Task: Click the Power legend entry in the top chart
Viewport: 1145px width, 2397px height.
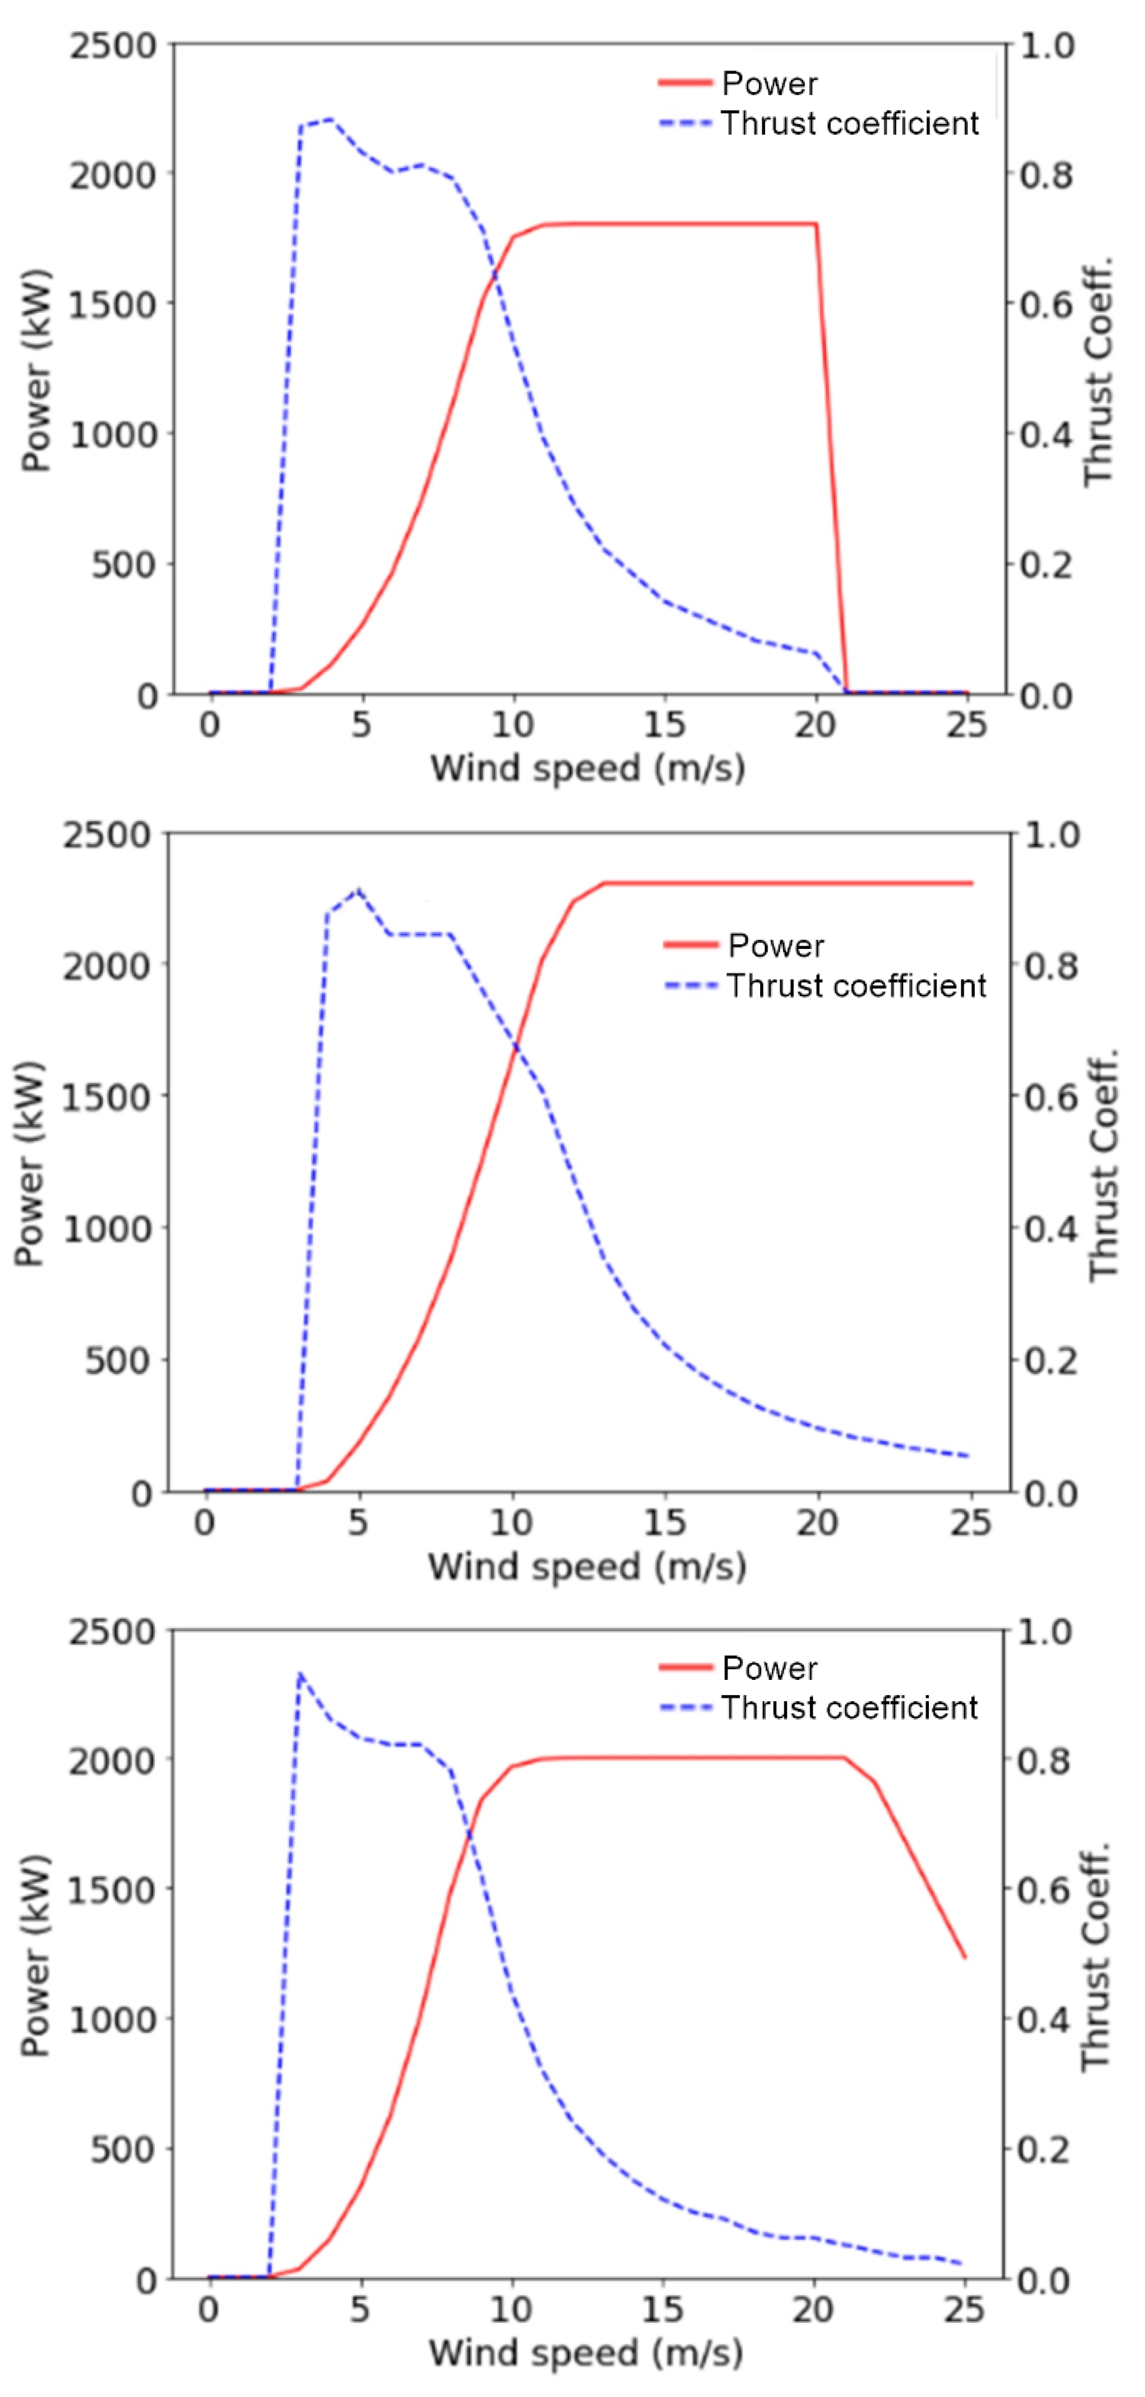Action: click(769, 84)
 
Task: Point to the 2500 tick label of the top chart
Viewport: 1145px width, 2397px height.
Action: click(113, 46)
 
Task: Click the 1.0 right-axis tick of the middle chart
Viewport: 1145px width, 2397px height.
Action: click(1052, 835)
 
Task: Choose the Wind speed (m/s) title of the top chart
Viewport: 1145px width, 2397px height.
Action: click(588, 768)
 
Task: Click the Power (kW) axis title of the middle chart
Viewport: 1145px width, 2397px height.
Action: click(30, 1163)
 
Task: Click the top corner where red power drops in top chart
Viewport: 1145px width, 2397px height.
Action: click(817, 225)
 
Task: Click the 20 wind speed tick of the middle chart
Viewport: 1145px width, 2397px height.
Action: click(817, 1522)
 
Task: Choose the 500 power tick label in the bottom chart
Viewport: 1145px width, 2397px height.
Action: click(121, 2150)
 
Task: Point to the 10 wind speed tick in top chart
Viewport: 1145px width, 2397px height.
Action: click(512, 725)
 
